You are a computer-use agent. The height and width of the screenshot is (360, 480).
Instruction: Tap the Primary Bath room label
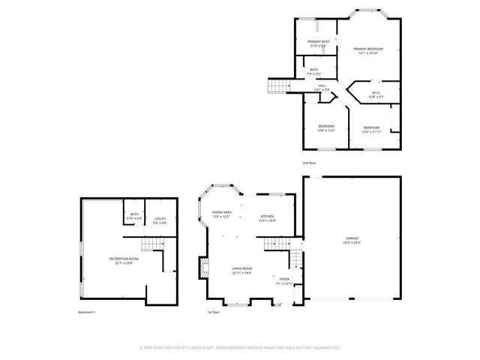pos(319,43)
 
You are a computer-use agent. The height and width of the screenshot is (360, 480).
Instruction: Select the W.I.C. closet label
pos(376,94)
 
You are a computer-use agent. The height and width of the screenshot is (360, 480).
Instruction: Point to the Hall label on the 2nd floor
pos(322,88)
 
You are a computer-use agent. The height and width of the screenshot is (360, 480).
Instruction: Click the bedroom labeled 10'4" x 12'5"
pos(326,127)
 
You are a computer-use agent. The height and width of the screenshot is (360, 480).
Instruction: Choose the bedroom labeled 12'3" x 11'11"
pos(371,129)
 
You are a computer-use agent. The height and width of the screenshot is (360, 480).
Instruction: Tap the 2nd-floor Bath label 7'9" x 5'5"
pos(313,72)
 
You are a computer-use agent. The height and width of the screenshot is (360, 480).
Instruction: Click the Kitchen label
pos(267,218)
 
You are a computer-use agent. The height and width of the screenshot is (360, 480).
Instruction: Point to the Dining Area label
pos(221,214)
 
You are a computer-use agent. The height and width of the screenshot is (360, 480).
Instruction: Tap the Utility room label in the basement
pos(160,221)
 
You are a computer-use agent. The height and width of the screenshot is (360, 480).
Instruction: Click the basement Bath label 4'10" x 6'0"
pos(134,216)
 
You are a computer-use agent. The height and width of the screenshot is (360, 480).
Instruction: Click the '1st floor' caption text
pos(213,312)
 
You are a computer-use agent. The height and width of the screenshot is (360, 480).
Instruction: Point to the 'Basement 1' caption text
pos(87,312)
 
